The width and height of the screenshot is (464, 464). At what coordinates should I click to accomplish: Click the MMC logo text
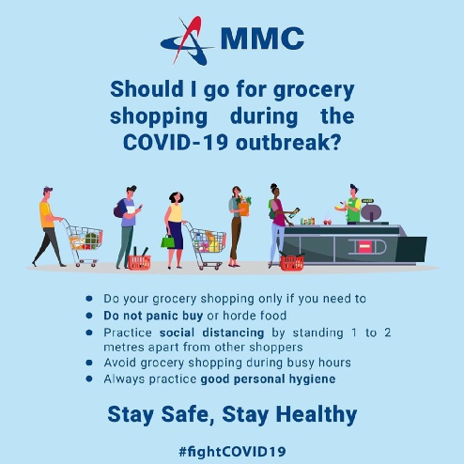262,39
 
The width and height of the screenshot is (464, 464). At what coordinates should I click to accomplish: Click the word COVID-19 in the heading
176,143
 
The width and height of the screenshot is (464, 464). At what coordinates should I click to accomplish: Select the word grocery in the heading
314,91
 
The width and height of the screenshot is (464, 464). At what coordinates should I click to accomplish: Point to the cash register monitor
371,210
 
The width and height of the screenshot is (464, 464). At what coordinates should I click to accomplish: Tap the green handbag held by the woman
168,241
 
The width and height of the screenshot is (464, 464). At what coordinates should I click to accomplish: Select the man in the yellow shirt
49,226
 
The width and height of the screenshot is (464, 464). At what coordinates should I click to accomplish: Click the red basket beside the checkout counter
292,262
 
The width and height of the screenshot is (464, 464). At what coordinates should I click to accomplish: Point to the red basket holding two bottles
139,260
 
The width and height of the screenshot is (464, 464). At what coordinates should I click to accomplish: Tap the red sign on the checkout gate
364,247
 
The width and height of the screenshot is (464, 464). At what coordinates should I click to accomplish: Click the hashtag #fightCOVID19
232,452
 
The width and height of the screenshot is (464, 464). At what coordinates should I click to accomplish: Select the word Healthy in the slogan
317,414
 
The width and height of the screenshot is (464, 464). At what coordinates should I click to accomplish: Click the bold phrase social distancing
211,333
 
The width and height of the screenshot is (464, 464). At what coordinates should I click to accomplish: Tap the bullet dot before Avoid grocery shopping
89,363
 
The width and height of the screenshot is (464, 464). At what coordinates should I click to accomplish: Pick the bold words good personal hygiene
268,379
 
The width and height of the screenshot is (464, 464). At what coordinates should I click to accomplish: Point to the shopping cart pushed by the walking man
84,242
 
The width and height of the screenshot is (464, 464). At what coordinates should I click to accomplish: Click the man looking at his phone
128,226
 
